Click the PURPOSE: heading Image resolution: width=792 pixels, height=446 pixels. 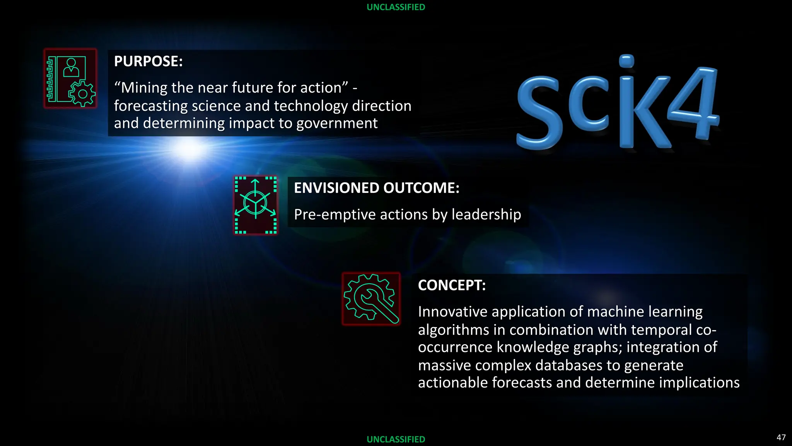148,62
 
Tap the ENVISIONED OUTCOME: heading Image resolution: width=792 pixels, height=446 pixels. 376,188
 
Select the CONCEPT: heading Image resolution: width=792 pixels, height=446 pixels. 451,285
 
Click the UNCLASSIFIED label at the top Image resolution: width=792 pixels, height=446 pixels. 396,7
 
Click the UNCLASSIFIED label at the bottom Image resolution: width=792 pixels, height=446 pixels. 396,439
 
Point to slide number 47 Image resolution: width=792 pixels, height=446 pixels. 781,437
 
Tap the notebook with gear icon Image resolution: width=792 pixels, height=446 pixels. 70,79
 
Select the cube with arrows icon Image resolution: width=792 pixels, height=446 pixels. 256,205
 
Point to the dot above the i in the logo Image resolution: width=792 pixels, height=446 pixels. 626,61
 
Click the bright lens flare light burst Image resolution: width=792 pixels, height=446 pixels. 189,149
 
